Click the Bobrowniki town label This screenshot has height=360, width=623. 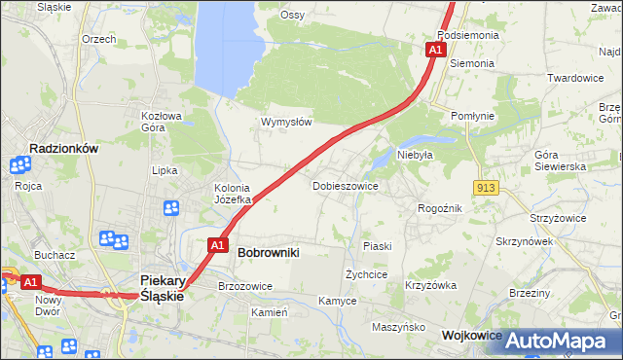268,252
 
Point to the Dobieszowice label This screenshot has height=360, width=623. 345,185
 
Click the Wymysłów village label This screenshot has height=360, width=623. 286,122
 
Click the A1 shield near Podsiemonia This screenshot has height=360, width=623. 435,49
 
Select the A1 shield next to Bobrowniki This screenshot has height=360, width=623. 218,245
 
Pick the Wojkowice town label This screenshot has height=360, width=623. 472,335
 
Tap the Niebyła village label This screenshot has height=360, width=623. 415,155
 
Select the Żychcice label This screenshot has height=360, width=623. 366,274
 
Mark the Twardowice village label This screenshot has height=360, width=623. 575,78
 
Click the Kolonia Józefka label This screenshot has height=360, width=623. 233,194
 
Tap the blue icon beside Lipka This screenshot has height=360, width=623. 171,207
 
